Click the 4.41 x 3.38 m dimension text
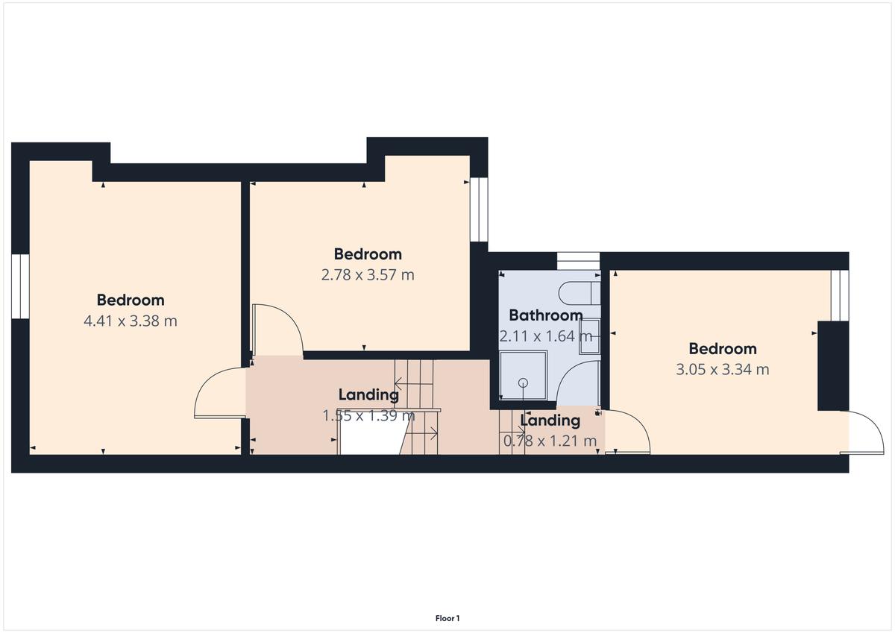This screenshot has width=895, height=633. tap(131, 321)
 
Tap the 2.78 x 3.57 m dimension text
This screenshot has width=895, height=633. tap(368, 275)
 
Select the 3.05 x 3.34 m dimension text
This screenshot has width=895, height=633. tap(723, 369)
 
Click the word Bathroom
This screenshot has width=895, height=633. tap(546, 315)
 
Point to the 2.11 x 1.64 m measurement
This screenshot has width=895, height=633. tap(546, 336)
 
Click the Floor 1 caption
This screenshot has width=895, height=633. tap(447, 618)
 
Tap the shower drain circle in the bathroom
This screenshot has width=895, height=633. tap(523, 383)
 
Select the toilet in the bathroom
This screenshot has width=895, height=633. tap(580, 293)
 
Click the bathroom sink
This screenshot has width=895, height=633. tap(590, 336)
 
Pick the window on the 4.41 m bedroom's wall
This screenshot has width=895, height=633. tap(20, 286)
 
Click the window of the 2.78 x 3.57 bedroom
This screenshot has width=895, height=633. tap(479, 210)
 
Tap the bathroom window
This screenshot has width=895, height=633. tap(578, 261)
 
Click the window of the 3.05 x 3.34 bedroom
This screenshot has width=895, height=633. tap(840, 295)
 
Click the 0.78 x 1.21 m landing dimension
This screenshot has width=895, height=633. tap(550, 441)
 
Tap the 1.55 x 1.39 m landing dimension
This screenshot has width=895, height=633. tap(368, 416)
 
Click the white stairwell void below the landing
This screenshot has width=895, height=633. tap(371, 439)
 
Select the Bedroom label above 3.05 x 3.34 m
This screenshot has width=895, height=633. tap(723, 349)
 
